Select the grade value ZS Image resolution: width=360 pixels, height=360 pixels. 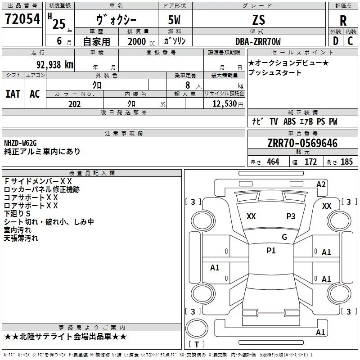click(x=259, y=20)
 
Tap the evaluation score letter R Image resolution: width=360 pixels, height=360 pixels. click(x=343, y=21)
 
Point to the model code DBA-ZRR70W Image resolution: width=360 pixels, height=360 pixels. click(x=258, y=41)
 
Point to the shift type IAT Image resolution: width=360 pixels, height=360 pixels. click(x=13, y=94)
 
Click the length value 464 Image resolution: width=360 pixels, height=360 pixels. click(x=272, y=162)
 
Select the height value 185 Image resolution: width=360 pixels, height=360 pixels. click(x=346, y=162)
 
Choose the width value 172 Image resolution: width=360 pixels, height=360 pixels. click(x=310, y=162)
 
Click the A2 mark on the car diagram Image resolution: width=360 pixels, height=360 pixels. click(x=321, y=184)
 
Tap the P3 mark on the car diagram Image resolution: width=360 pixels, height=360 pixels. click(x=291, y=216)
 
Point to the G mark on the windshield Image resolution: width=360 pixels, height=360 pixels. click(x=284, y=237)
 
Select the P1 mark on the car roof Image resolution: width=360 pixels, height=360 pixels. click(x=271, y=251)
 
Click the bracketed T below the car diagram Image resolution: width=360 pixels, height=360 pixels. click(x=197, y=344)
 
